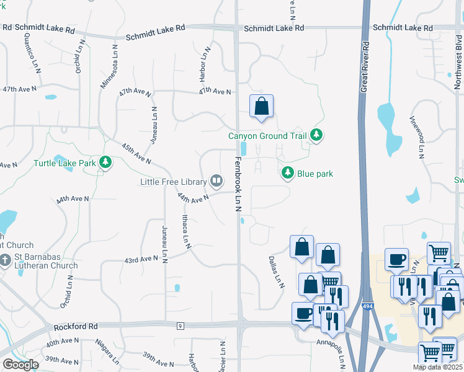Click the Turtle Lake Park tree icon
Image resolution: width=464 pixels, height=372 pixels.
tap(106, 162)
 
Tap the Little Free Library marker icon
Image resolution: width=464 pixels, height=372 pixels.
tap(216, 181)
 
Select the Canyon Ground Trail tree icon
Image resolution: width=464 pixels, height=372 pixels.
tap(317, 135)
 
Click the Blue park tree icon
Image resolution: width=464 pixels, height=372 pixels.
tap(288, 173)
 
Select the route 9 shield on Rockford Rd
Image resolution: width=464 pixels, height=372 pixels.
tap(181, 325)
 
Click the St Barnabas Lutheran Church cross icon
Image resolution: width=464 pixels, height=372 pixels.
tap(6, 259)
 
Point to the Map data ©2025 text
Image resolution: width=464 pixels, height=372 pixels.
tap(437, 367)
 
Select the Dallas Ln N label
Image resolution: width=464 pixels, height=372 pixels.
tap(276, 272)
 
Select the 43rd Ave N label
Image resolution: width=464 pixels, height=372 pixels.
tap(141, 259)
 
